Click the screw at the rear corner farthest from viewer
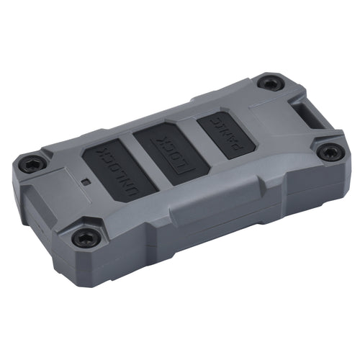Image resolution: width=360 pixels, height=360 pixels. [270, 84]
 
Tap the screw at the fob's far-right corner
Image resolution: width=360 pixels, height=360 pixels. [330, 152]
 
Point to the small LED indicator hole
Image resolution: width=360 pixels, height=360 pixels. [85, 182]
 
